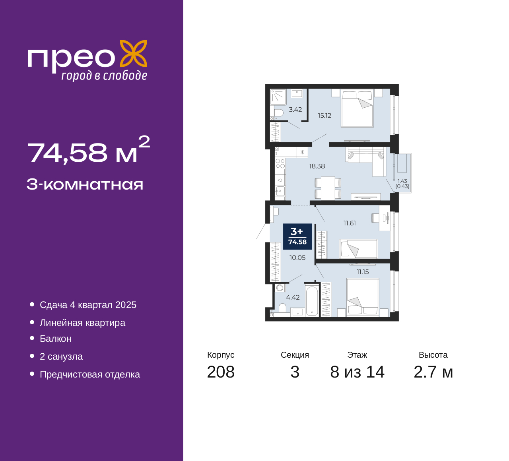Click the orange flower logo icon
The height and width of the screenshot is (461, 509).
134,53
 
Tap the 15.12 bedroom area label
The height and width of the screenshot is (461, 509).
324,116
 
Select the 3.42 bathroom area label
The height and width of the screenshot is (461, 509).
295,110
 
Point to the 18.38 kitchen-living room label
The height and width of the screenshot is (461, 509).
317,166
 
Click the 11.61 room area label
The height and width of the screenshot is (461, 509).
350,223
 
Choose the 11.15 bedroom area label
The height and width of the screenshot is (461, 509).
363,272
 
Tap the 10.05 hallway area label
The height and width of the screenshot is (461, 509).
297,258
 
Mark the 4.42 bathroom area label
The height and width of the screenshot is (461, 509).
293,297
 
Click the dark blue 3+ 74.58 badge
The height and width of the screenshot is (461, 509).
297,236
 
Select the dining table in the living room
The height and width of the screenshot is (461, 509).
328,188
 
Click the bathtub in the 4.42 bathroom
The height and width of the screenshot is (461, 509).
312,301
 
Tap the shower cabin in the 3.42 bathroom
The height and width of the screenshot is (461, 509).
278,97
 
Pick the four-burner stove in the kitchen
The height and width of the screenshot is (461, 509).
280,163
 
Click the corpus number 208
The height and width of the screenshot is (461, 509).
221,372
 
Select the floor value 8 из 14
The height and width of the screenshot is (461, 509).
357,372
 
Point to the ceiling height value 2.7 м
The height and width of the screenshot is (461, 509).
433,372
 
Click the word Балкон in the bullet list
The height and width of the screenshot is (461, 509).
56,339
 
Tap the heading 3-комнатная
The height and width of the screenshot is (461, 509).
85,184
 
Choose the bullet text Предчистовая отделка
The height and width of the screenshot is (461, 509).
90,374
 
